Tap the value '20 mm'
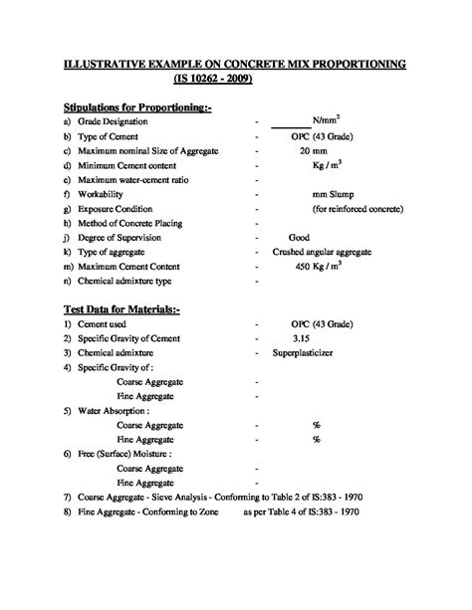pyautogui.click(x=313, y=150)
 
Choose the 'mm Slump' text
pyautogui.click(x=334, y=195)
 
